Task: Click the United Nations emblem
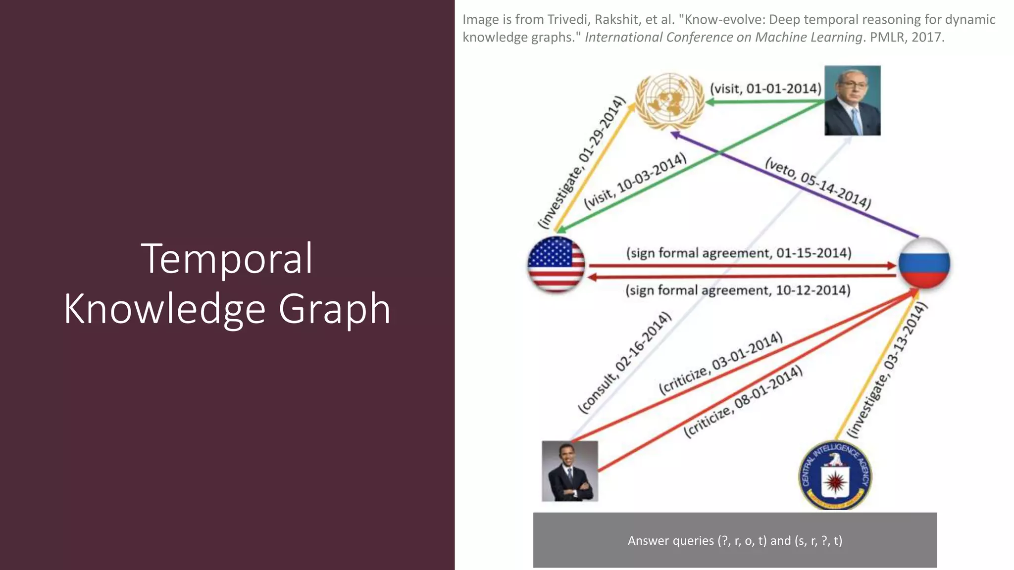pos(669,101)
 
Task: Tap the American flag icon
pos(556,264)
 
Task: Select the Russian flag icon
pos(924,263)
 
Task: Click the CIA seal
pos(835,475)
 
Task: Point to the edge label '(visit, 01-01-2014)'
pos(765,89)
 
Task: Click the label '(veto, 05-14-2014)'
pos(817,184)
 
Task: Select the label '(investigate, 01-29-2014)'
pos(582,162)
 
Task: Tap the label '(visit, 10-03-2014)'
pos(635,182)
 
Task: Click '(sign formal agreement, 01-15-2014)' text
pos(739,253)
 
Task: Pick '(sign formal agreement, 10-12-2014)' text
pos(738,290)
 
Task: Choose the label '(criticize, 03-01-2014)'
pos(721,363)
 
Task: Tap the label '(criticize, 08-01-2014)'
pos(743,401)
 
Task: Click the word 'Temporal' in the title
pos(227,258)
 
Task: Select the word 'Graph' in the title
pos(334,309)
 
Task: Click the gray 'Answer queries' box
pos(735,540)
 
